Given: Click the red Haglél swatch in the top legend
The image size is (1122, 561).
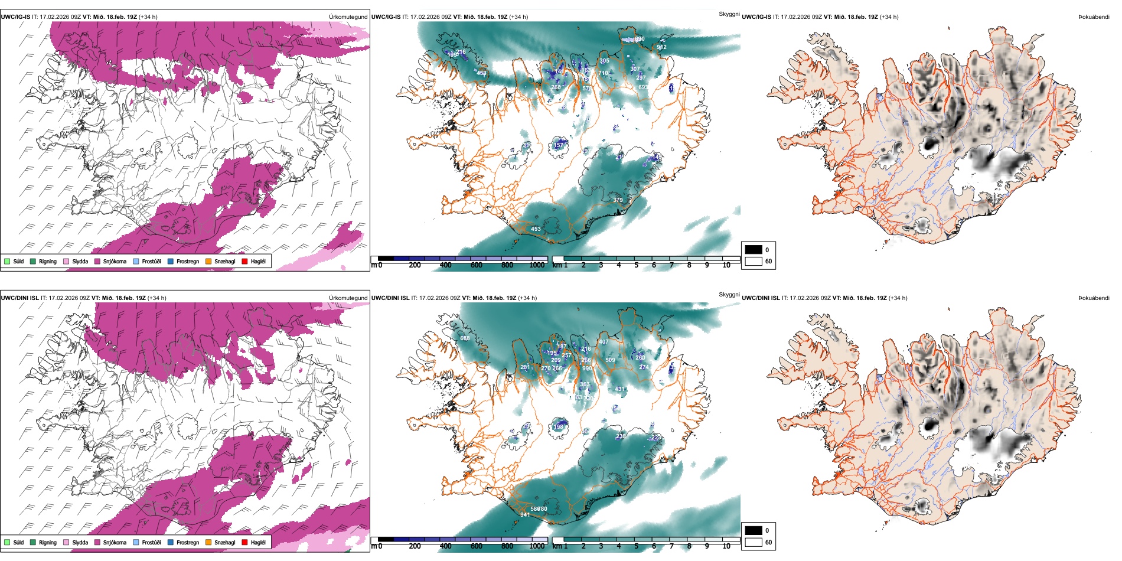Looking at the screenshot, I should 244,261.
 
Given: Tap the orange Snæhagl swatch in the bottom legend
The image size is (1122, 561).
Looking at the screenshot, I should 208,542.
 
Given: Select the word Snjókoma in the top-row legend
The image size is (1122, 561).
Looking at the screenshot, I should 115,261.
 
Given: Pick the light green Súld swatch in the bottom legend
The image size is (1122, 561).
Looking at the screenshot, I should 7,542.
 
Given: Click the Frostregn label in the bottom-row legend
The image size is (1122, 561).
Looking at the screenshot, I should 188,542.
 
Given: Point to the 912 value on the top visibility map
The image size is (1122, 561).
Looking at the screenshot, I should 661,47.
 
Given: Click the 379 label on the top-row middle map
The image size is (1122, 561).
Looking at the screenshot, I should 618,200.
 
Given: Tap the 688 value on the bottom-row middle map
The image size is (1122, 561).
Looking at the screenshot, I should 465,338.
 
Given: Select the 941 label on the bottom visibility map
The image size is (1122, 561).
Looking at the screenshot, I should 525,515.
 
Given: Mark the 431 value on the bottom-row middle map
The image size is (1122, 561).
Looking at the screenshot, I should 619,389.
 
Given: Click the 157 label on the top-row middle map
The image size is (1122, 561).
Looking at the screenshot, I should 558,145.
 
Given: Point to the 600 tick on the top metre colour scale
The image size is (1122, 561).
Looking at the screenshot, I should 477,265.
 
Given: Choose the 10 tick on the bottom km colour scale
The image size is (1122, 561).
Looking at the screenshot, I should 726,546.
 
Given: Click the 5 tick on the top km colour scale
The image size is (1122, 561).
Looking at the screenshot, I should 636,265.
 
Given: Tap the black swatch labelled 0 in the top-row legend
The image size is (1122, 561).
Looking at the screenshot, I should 754,250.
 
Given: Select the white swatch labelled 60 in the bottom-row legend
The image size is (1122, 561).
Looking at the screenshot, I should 754,542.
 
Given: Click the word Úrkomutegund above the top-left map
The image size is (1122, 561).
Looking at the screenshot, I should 348,17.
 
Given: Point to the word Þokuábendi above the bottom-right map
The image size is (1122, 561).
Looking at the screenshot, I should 1094,298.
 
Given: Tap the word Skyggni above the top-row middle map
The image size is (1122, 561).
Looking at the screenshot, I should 729,14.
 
